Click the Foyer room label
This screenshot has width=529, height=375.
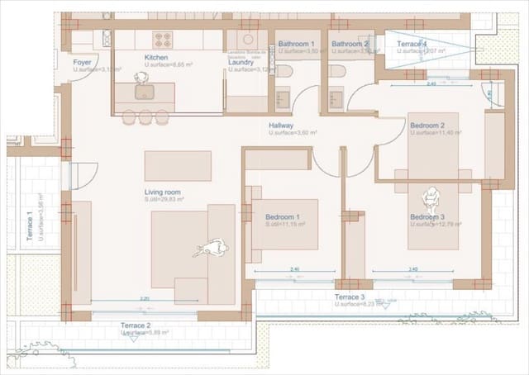tap(82, 62)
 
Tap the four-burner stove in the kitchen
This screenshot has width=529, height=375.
tap(163, 38)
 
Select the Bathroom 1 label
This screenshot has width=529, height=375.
tap(296, 43)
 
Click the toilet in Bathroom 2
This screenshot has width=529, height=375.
tap(337, 71)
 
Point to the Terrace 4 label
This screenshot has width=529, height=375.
tap(412, 43)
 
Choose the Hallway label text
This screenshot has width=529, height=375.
tap(281, 126)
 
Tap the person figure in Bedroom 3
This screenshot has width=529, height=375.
tap(431, 198)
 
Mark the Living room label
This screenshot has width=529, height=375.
tap(162, 192)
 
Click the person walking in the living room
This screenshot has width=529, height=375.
tap(214, 247)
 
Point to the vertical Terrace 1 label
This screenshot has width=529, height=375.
tap(31, 225)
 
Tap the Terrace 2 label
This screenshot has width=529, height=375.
tap(136, 325)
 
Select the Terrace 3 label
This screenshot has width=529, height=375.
tap(350, 297)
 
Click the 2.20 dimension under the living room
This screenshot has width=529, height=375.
tap(145, 298)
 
